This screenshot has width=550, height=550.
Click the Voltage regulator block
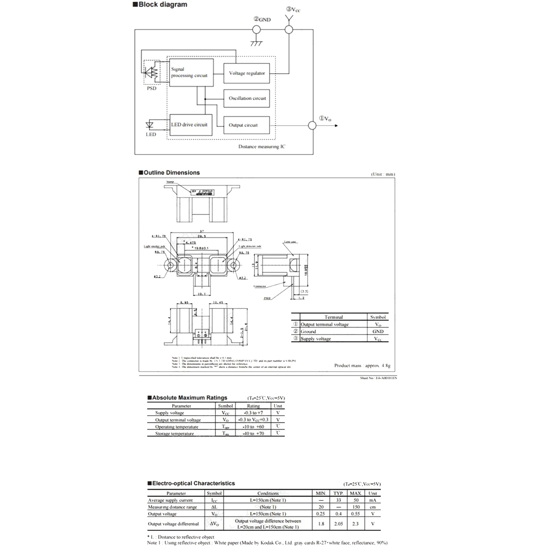[x=247, y=73]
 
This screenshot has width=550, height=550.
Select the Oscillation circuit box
[x=247, y=98]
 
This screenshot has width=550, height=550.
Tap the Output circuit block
[x=247, y=125]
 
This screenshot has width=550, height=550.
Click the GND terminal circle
[x=256, y=30]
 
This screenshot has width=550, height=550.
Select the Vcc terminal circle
[x=288, y=30]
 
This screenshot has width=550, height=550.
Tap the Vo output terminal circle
[x=312, y=125]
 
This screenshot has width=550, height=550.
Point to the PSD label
[x=151, y=88]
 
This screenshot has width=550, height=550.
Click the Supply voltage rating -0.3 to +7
[x=253, y=413]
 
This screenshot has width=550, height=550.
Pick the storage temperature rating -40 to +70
[x=253, y=434]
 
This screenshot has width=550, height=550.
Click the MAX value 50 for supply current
[x=356, y=500]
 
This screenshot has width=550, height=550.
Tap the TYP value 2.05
[x=338, y=523]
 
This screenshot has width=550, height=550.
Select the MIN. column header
[x=321, y=493]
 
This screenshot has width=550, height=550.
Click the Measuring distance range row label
[x=172, y=507]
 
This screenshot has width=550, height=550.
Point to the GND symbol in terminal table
[x=378, y=331]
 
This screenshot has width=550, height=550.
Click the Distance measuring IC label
[x=262, y=147]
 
